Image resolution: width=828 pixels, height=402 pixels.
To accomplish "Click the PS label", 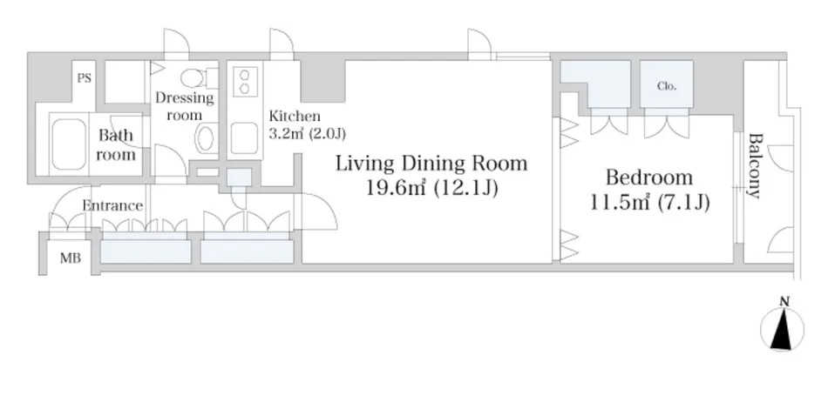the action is tap(85, 78).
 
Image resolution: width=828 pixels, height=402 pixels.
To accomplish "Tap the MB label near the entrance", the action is tap(71, 258).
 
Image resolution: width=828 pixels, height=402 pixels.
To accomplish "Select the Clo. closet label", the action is tap(667, 86).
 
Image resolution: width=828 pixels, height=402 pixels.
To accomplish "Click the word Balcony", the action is tap(756, 166).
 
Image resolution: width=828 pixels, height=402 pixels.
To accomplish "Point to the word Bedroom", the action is tap(649, 178).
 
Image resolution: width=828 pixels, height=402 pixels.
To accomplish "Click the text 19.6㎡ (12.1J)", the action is tap(432, 188).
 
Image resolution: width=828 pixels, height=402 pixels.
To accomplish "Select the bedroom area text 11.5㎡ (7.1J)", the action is tap(649, 203).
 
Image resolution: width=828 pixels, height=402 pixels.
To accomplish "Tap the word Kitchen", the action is tap(295, 116).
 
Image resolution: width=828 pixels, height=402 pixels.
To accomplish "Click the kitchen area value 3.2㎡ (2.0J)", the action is tap(307, 133).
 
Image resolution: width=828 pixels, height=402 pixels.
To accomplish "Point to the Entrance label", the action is tap(112, 205).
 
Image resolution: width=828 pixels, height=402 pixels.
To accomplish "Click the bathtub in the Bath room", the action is tap(69, 144).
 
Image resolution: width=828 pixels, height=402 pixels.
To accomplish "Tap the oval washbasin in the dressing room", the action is tap(205, 139).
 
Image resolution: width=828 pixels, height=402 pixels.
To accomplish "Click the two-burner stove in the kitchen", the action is tap(245, 82).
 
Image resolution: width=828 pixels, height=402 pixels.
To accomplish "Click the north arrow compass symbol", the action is tap(782, 329).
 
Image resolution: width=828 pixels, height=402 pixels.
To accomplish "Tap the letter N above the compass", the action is tap(784, 302).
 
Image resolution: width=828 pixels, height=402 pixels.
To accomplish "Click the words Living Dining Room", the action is tap(432, 164).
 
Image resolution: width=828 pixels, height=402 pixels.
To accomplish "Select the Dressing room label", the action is tap(185, 106).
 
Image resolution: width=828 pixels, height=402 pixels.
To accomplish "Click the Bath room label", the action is tap(116, 145).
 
